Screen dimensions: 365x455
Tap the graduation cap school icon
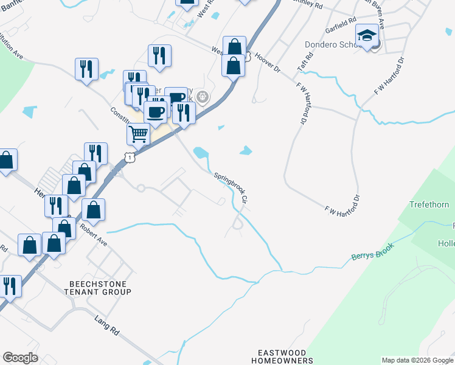(367, 37)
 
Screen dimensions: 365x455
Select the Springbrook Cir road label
(232, 188)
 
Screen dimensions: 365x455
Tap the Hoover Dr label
(268, 63)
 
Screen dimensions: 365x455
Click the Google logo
(21, 358)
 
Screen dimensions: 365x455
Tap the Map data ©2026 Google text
(417, 360)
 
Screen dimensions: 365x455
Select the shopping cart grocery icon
(139, 134)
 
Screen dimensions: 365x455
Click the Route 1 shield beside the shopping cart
(128, 158)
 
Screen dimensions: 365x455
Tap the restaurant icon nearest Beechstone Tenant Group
(10, 285)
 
